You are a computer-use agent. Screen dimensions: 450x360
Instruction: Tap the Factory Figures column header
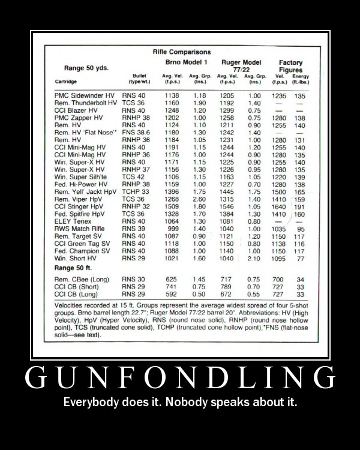click(290, 66)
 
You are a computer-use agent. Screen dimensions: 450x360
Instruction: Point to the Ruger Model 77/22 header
click(241, 66)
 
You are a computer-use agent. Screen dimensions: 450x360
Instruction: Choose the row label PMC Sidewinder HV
click(82, 95)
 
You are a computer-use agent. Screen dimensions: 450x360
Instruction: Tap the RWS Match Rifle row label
click(79, 229)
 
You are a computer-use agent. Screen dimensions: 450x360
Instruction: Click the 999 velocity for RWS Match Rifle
click(173, 229)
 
